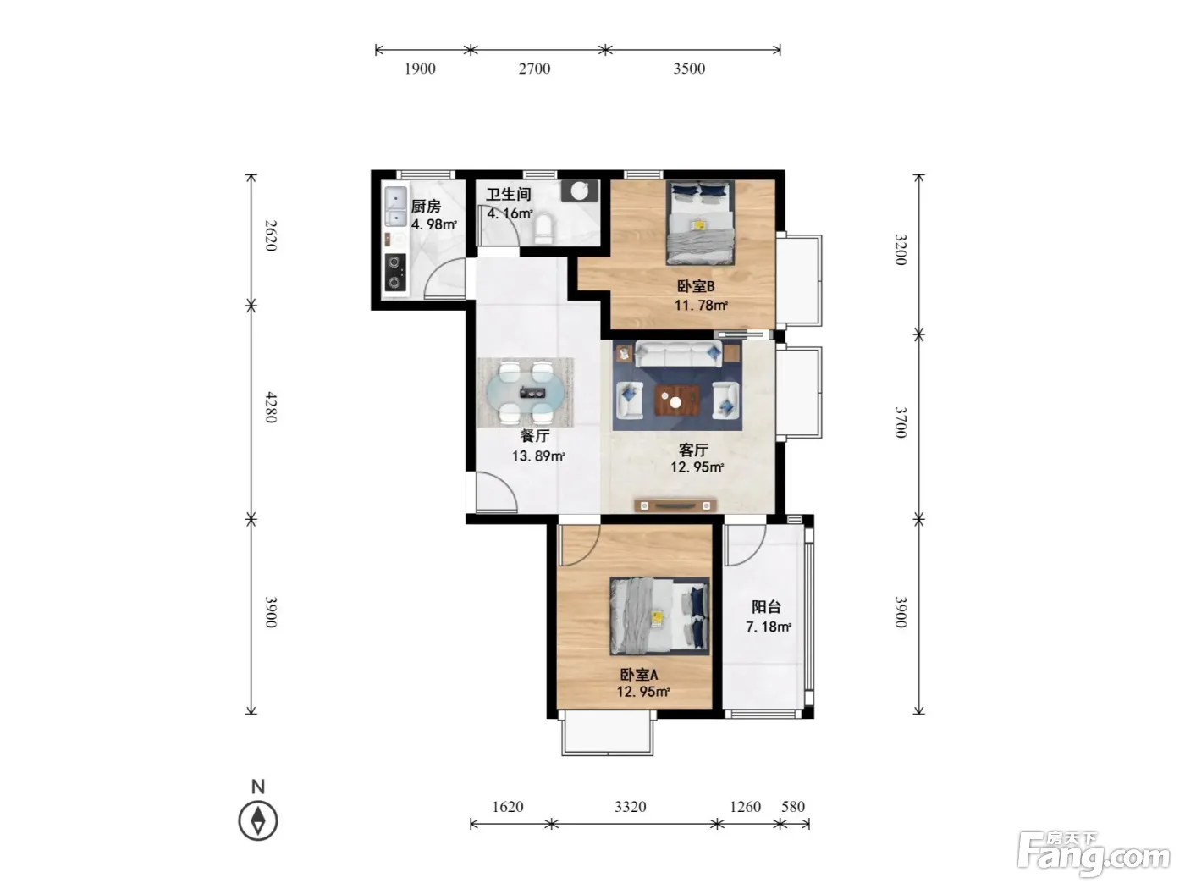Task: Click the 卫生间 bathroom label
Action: pos(509,195)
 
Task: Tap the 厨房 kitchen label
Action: pos(426,206)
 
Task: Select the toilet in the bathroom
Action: pos(543,229)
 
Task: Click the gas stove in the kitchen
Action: pos(394,272)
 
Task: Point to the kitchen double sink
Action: pos(395,206)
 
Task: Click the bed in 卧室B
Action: pos(700,223)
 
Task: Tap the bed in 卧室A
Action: pos(659,616)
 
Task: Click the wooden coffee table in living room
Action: pos(677,400)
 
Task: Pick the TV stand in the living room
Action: pos(675,505)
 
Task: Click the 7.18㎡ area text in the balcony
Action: pos(769,627)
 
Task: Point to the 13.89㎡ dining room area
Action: pos(538,456)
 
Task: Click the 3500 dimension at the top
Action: pos(689,69)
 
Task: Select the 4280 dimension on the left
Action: pos(271,407)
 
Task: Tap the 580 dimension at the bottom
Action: pos(793,806)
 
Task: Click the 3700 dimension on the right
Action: pos(901,422)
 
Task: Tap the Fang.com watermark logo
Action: pos(1094,855)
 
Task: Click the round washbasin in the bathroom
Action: pos(580,190)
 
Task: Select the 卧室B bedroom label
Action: pos(696,286)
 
